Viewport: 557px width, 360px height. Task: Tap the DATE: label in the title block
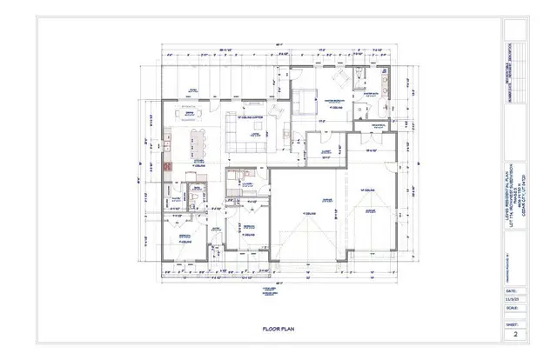[x=510, y=290]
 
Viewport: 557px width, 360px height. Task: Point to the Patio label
[x=193, y=89]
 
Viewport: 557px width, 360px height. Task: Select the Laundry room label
[x=248, y=183]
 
